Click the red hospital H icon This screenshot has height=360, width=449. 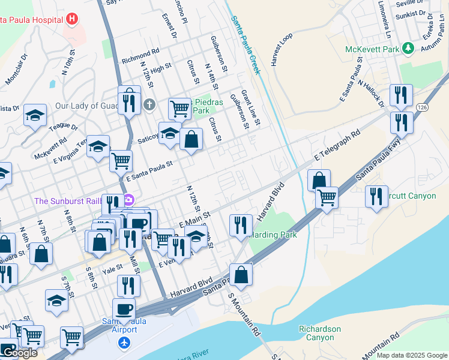coord(72,19)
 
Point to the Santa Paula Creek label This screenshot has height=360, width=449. coord(246,45)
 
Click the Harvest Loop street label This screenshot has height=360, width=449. coord(281,49)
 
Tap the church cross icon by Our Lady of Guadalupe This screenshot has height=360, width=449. coord(149,105)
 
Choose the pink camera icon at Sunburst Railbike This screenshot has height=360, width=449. coord(128,200)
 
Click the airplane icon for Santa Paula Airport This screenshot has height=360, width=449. coord(124,343)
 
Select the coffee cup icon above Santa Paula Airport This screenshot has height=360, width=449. coord(124,310)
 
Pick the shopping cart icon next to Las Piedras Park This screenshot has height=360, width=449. coord(179,109)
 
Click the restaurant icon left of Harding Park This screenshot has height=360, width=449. coord(241,225)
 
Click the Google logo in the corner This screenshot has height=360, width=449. coord(19,353)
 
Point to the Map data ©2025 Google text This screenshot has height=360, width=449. coord(411,355)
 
